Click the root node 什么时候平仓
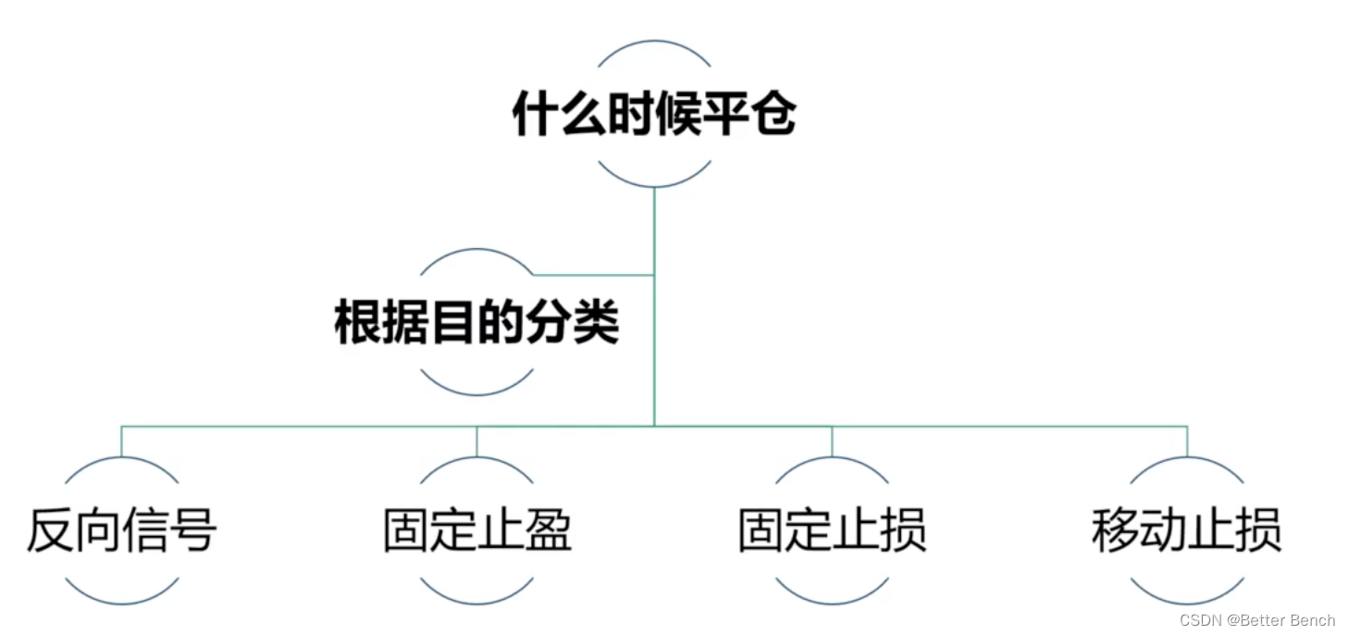(654, 116)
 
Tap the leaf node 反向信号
(122, 530)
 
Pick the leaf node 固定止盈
(477, 530)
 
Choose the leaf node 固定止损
(832, 530)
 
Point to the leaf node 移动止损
(1187, 530)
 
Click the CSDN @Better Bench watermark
(1257, 619)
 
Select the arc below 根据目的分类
(476, 392)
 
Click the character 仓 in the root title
(773, 116)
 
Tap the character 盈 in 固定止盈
(548, 530)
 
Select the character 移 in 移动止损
(1116, 530)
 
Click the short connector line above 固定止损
(832, 442)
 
